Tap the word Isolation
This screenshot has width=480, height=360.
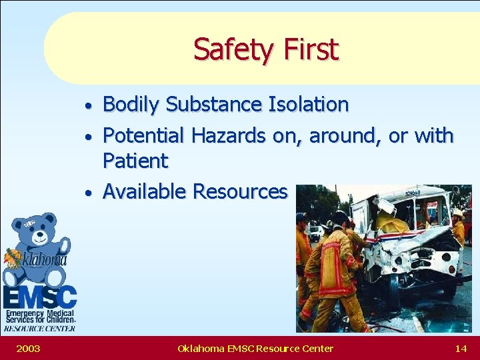click(x=308, y=105)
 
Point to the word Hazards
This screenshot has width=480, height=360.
click(x=229, y=135)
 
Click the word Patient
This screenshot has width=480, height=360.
click(x=135, y=161)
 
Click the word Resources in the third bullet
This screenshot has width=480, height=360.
click(x=240, y=192)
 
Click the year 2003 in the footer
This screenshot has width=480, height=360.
click(x=27, y=348)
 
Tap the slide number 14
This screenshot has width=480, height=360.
click(x=460, y=348)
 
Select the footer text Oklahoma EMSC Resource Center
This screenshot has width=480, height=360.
click(x=255, y=348)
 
